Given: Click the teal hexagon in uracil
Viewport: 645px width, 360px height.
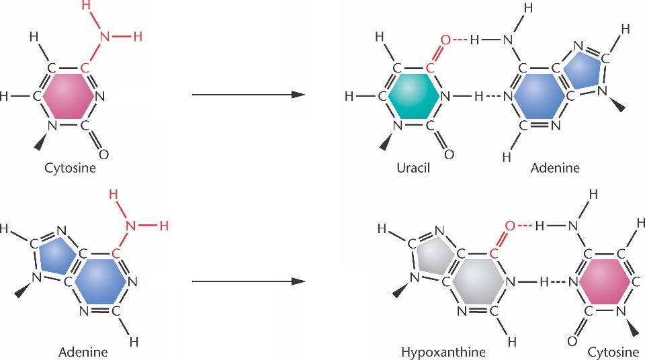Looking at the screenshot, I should click(x=410, y=96).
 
